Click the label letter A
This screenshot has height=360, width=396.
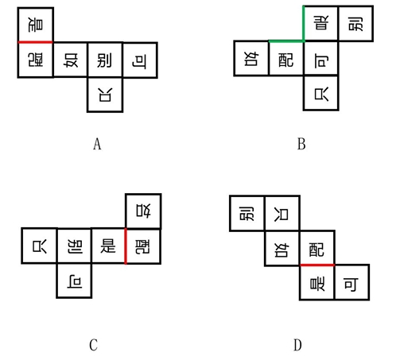97,144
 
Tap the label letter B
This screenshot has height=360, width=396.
301,144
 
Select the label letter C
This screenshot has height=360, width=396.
93,345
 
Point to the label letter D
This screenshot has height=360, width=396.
297,345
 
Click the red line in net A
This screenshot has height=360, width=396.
36,42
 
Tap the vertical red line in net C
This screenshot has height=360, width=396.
126,246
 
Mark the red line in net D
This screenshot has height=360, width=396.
317,265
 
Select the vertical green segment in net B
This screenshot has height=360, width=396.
304,23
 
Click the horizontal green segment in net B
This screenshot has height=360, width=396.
286,41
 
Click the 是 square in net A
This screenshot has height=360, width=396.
36,25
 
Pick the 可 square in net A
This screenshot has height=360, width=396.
140,60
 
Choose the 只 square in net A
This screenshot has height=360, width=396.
105,95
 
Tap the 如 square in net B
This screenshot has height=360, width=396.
251,58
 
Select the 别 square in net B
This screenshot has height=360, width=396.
356,23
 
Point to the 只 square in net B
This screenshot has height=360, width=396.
321,93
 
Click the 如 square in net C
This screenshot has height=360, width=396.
143,211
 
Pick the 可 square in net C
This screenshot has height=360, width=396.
74,281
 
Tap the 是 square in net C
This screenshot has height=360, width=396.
108,246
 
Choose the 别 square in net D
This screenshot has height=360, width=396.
247,214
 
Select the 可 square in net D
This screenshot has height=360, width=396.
351,283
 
